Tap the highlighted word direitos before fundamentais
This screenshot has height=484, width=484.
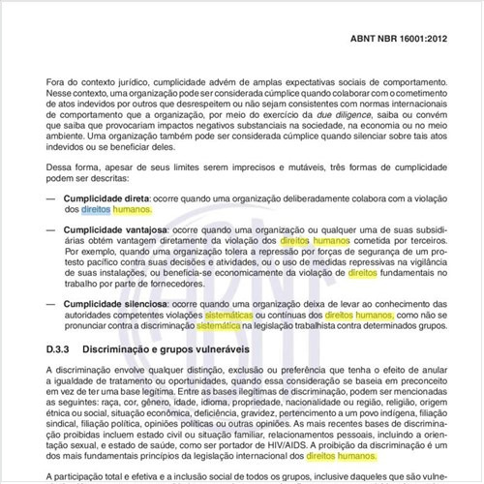click(x=362, y=274)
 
